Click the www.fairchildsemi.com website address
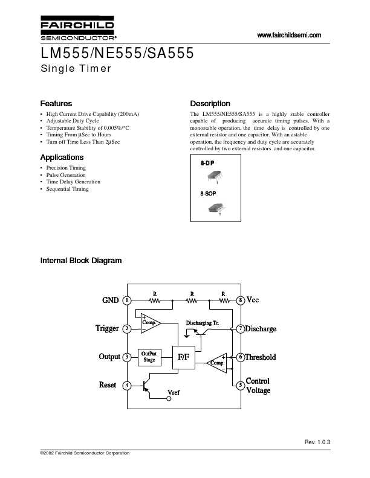[x=289, y=35]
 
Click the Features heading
[x=56, y=103]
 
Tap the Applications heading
[x=62, y=157]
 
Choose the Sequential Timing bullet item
[x=67, y=189]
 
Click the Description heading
[x=210, y=103]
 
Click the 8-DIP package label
[x=207, y=164]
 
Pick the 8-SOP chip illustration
[x=216, y=207]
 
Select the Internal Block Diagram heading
[x=80, y=261]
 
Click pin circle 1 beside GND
[x=127, y=300]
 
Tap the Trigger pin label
[x=107, y=328]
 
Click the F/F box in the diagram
[x=183, y=357]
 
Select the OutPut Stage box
[x=149, y=356]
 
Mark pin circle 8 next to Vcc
[x=240, y=300]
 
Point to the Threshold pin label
[x=260, y=357]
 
